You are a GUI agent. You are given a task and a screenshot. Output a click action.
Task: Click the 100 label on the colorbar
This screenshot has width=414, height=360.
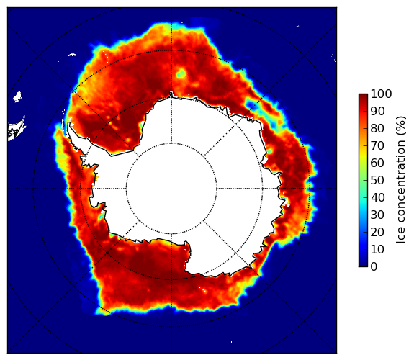pyautogui.click(x=382, y=94)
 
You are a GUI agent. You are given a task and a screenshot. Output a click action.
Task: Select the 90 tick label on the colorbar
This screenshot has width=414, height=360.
pyautogui.click(x=377, y=111)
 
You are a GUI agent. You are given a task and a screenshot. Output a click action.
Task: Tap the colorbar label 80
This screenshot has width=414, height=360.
pyautogui.click(x=377, y=128)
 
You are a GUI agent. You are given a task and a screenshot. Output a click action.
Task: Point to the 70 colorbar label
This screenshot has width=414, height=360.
pyautogui.click(x=377, y=145)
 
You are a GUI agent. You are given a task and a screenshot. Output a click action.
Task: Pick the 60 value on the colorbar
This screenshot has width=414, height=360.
pyautogui.click(x=377, y=163)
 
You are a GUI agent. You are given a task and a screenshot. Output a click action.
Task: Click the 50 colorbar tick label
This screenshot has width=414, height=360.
pyautogui.click(x=377, y=181)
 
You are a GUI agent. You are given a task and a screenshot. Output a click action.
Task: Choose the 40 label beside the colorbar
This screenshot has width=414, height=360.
pyautogui.click(x=377, y=197)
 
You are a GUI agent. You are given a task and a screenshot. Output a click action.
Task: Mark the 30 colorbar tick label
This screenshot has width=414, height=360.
pyautogui.click(x=377, y=215)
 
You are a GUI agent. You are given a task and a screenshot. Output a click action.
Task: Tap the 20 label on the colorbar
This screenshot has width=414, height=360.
pyautogui.click(x=377, y=232)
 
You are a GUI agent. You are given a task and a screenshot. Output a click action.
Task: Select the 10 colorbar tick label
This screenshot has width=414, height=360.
pyautogui.click(x=377, y=250)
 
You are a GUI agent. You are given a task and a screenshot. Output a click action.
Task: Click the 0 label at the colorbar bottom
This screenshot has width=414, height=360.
pyautogui.click(x=374, y=267)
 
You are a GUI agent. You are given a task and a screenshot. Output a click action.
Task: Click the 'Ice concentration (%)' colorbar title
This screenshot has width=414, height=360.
pyautogui.click(x=401, y=180)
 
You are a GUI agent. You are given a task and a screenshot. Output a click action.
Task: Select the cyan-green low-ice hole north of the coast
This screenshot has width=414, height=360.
pyautogui.click(x=181, y=73)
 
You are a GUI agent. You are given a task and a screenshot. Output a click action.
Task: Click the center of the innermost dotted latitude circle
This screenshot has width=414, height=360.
pyautogui.click(x=171, y=189)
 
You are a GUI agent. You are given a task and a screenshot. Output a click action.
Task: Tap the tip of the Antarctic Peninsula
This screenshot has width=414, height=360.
pyautogui.click(x=69, y=122)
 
